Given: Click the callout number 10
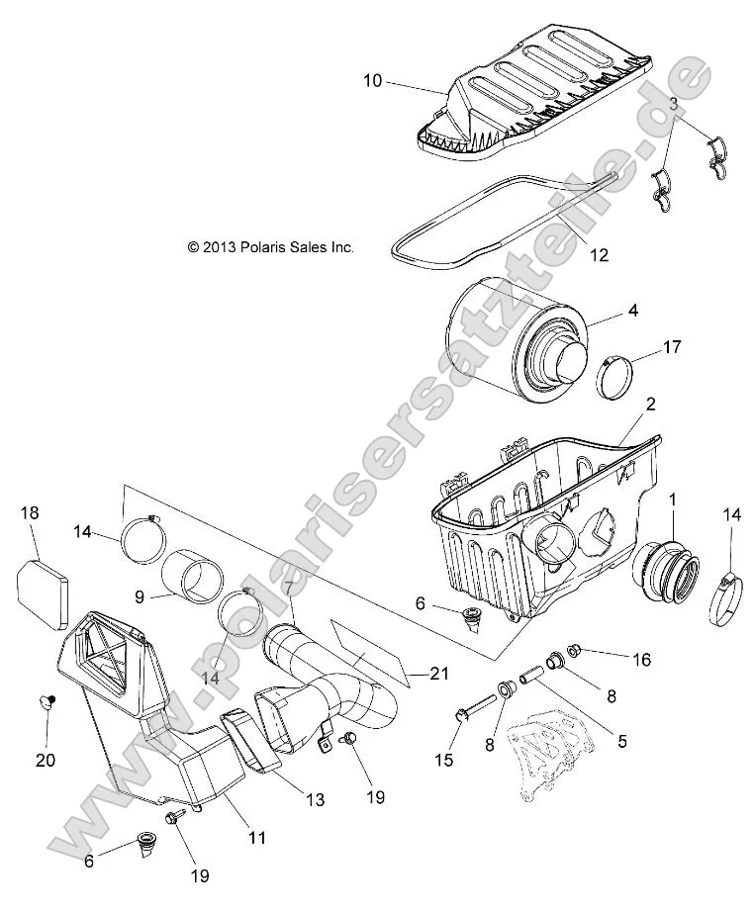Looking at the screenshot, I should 373,81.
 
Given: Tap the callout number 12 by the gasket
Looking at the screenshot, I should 599,255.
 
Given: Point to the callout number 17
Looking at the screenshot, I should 672,347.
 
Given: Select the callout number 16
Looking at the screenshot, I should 641,659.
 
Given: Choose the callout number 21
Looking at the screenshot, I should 439,674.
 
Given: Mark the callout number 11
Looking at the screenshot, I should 256,838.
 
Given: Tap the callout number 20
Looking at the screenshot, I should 46,760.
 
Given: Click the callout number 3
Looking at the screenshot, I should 672,102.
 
